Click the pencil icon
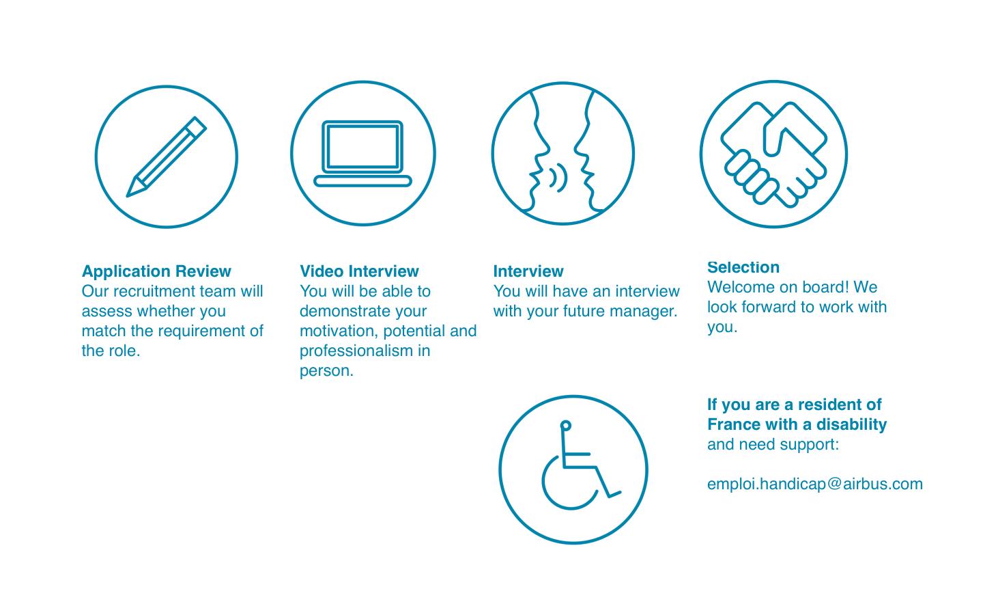[167, 157]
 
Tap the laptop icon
[362, 153]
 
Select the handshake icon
[773, 154]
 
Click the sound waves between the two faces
[558, 178]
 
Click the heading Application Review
[156, 271]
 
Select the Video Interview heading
[359, 271]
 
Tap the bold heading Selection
[743, 267]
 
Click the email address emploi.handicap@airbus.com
[815, 484]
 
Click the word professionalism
[356, 351]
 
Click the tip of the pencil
[128, 195]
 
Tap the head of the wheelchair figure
[566, 425]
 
